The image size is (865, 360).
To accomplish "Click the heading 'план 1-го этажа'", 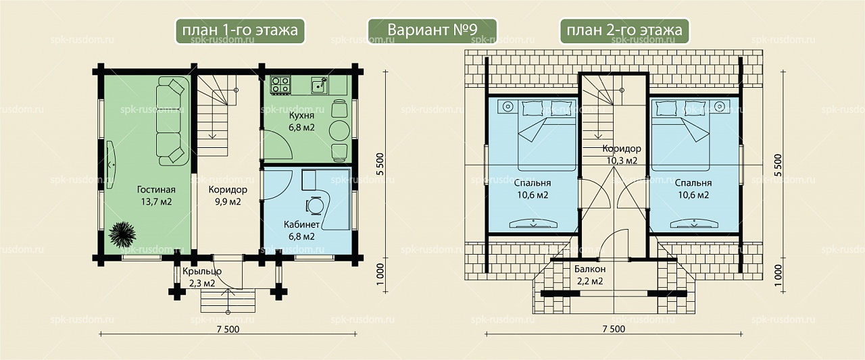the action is click(240, 30).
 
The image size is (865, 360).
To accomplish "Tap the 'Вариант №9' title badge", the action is click(432, 30).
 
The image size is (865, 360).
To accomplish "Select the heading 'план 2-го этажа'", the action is click(624, 30).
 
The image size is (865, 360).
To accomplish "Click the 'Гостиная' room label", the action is click(156, 189).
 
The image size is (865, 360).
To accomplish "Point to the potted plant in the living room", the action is click(122, 234).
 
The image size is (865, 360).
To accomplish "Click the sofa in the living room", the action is click(172, 121).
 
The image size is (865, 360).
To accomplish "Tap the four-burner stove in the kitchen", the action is click(280, 85).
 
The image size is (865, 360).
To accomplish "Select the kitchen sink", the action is click(320, 85).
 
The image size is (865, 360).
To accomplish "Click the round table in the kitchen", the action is click(339, 130).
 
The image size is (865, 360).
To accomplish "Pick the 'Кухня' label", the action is click(301, 115).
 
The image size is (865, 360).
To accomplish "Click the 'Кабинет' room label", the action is click(301, 224).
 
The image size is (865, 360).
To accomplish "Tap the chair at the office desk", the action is click(314, 205).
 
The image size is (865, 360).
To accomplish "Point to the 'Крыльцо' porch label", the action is click(202, 272).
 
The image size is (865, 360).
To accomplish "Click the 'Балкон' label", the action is click(590, 269).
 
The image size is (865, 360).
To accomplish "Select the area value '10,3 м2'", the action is click(622, 161).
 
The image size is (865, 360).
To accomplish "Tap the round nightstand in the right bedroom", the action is click(719, 106).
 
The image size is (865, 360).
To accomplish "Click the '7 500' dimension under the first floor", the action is click(228, 329).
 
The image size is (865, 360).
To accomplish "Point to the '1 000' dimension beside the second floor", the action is click(778, 276).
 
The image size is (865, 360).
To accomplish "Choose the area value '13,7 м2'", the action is click(156, 202).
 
